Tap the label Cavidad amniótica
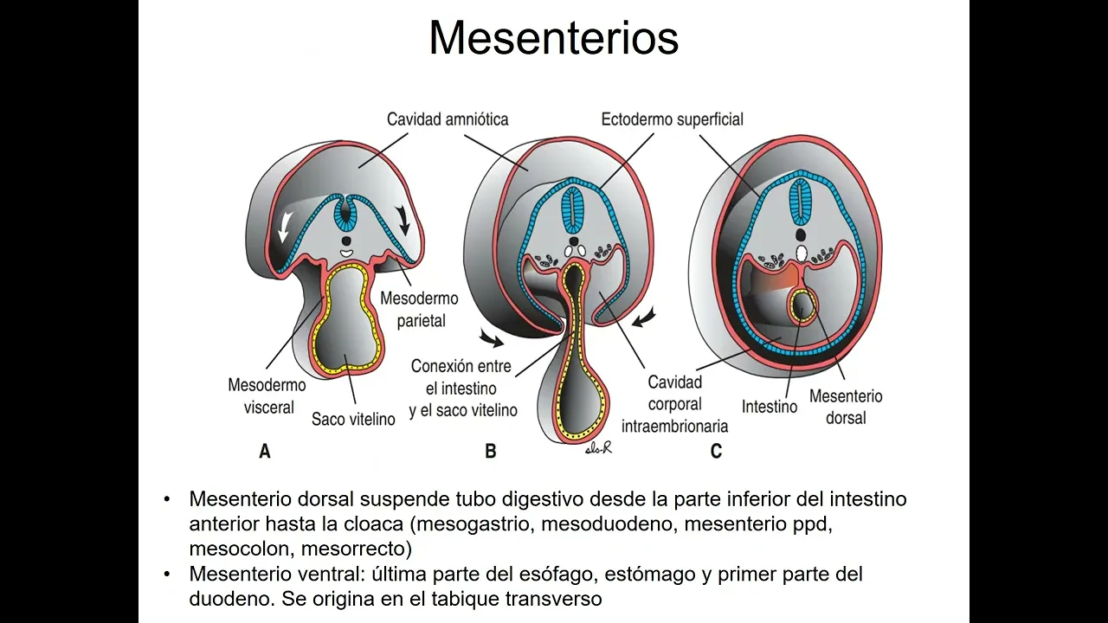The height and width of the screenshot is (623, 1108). coord(447,119)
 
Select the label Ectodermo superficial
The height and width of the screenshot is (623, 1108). coord(672,119)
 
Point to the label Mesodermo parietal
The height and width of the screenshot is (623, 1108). coord(420,309)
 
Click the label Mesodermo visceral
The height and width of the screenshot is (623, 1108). coord(261,395)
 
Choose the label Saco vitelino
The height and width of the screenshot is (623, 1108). coord(353,419)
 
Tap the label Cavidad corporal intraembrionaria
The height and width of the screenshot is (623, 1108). coord(674,404)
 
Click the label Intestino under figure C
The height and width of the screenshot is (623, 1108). coord(769,406)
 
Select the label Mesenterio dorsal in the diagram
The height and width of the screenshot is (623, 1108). coord(845,407)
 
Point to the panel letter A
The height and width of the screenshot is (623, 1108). coord(265,451)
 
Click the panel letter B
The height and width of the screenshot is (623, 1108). coord(490,451)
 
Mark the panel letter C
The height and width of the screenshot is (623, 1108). coord(715,451)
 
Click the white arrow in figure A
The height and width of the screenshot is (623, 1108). coord(282,227)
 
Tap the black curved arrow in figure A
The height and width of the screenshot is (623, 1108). coord(403,222)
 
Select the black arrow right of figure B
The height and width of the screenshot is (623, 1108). coord(644,317)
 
